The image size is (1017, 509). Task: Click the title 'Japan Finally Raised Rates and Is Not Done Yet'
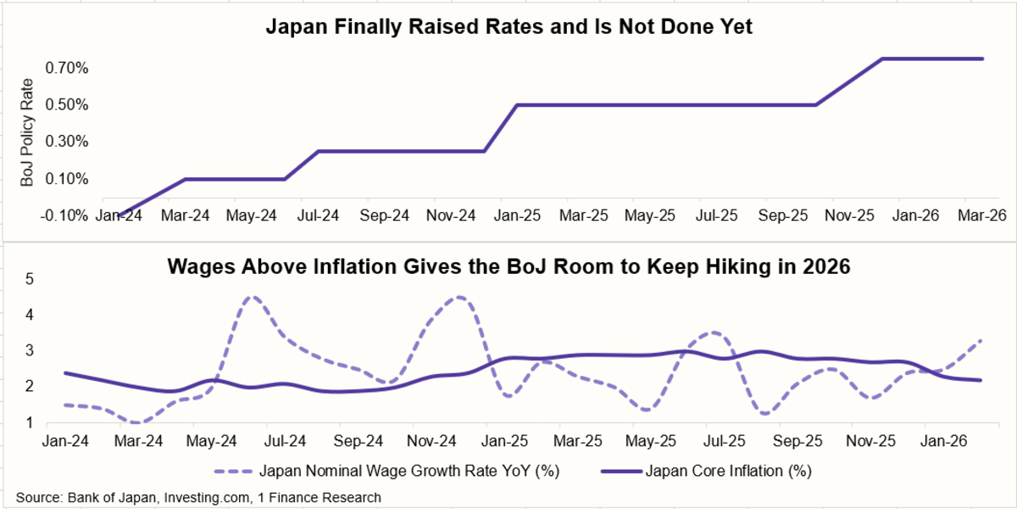509,26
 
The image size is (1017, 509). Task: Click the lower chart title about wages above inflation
509,266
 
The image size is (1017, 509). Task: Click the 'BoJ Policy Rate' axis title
28,132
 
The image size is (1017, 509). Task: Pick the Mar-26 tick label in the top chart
981,215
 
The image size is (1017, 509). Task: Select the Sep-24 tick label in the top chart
384,215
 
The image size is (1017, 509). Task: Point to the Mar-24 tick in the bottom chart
140,442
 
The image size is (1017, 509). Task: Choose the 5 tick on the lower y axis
30,278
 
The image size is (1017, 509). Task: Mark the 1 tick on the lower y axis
30,422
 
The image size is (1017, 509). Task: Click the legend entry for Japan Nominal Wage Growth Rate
389,470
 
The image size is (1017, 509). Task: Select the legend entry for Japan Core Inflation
712,470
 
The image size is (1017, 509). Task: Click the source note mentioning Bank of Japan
197,497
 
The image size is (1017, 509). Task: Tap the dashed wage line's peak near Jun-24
252,297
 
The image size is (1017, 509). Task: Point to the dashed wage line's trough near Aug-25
765,413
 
